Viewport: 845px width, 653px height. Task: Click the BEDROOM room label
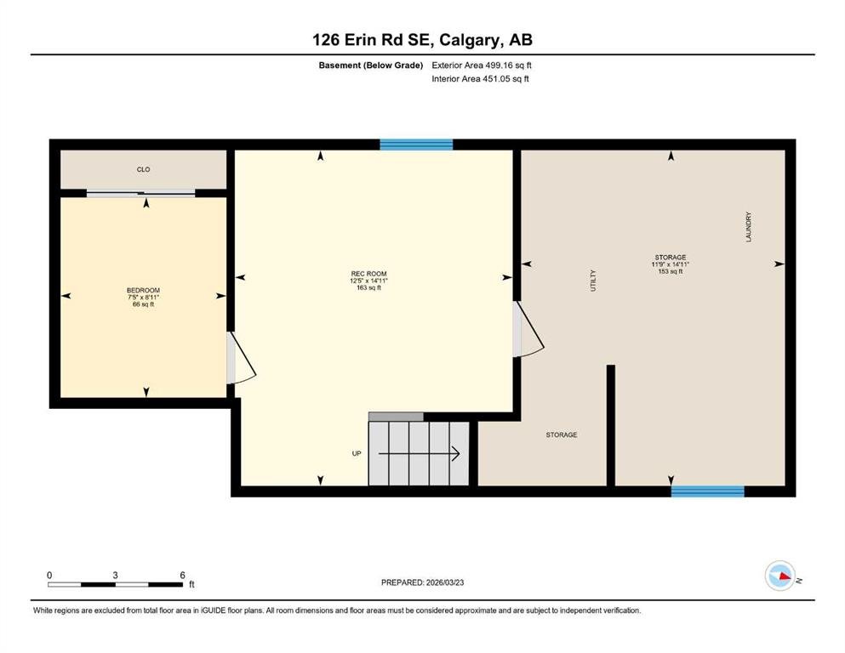coord(143,290)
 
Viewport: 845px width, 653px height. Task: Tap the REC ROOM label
coord(368,274)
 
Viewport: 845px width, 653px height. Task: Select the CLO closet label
coord(143,169)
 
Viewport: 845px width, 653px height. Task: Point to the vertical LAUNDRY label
coord(749,227)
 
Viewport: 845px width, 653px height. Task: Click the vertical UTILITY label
coord(593,281)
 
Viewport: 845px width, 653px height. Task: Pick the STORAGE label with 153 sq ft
coord(671,258)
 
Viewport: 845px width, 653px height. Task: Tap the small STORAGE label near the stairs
coord(562,434)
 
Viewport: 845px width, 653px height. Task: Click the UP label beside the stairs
coord(357,453)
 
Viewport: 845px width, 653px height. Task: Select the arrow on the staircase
coord(419,454)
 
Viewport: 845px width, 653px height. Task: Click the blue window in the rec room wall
coord(416,145)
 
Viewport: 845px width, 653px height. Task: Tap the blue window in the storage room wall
coord(708,491)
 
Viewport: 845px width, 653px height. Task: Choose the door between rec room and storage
coord(528,329)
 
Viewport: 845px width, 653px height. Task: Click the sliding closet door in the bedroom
coord(141,193)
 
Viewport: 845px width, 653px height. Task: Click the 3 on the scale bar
coord(116,575)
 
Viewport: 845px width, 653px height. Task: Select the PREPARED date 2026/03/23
coord(445,582)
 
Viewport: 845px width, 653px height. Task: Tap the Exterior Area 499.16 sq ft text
coord(482,65)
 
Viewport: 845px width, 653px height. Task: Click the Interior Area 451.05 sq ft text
coord(480,78)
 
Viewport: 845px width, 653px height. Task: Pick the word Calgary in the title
coord(468,40)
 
